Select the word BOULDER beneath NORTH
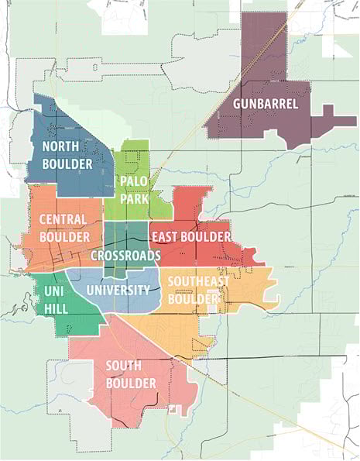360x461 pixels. [x=67, y=163]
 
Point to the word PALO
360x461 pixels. [x=132, y=181]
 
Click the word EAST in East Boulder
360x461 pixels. [x=165, y=236]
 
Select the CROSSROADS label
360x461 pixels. [x=125, y=255]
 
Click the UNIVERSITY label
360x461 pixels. [x=118, y=291]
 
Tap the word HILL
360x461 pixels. [x=56, y=308]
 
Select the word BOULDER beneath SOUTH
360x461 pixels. [x=130, y=383]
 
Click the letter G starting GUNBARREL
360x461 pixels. [x=237, y=103]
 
